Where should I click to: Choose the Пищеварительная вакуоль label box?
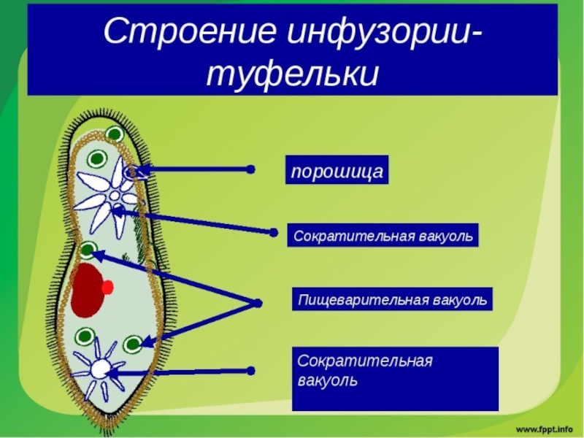tap(393, 299)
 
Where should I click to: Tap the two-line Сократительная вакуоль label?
tap(395, 377)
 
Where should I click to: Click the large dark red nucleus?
tap(88, 291)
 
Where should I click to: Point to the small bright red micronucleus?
tap(108, 287)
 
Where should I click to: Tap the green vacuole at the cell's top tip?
tap(114, 134)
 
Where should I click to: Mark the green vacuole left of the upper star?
tap(96, 160)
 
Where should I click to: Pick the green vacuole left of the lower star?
tap(85, 337)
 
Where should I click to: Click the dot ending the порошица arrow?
tap(250, 169)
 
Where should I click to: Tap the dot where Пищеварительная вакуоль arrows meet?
tap(256, 303)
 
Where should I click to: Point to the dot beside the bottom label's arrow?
tap(250, 371)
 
